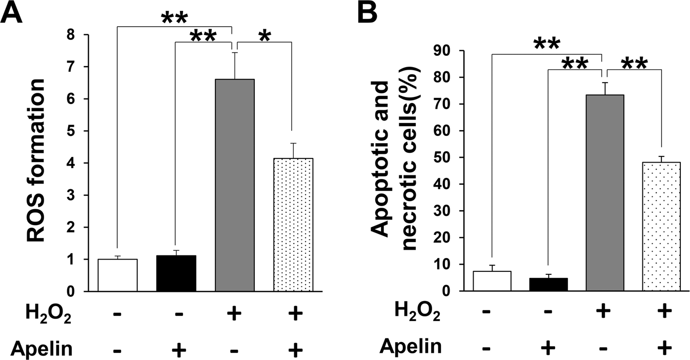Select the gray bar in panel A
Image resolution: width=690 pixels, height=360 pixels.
(234, 185)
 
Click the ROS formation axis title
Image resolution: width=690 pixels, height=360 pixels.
(37, 163)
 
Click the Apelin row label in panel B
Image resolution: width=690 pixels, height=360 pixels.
(411, 347)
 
